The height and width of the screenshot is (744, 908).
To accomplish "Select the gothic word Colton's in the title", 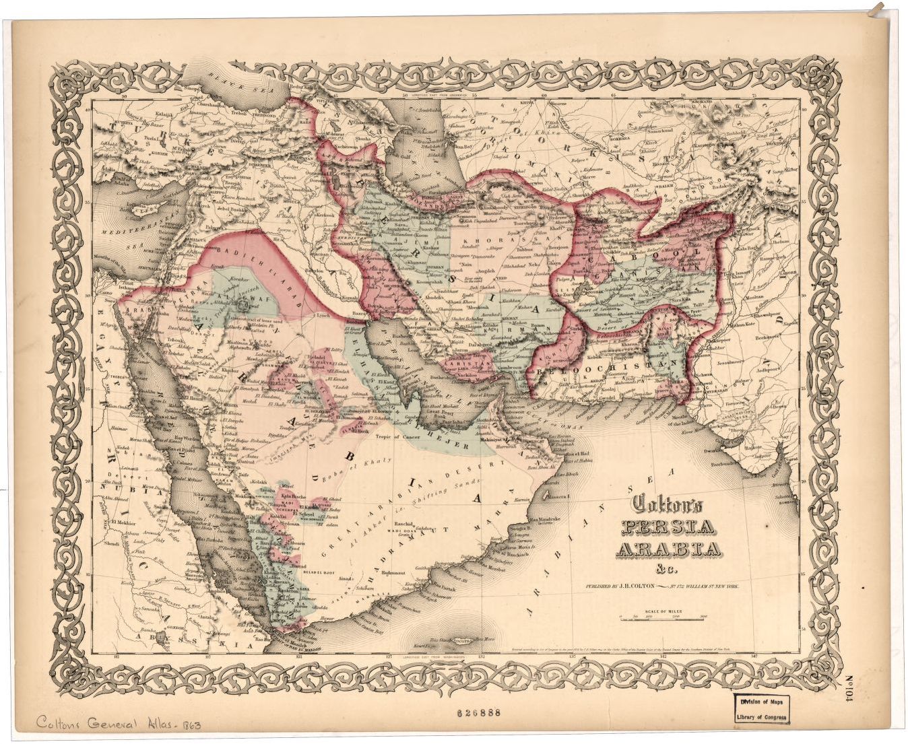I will tap(666, 505).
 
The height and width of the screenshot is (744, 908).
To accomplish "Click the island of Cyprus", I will tap(145, 209).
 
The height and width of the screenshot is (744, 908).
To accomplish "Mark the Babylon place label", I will tap(312, 271).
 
